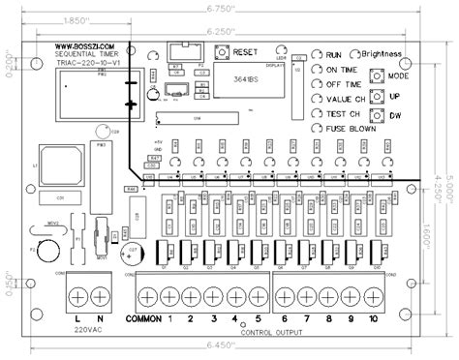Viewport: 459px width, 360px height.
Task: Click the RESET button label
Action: click(245, 49)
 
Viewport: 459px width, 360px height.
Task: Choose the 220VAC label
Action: click(88, 332)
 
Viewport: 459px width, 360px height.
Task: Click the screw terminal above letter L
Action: click(77, 294)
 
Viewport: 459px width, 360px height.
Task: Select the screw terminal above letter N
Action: click(99, 294)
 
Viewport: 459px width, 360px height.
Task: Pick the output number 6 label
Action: click(284, 318)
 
